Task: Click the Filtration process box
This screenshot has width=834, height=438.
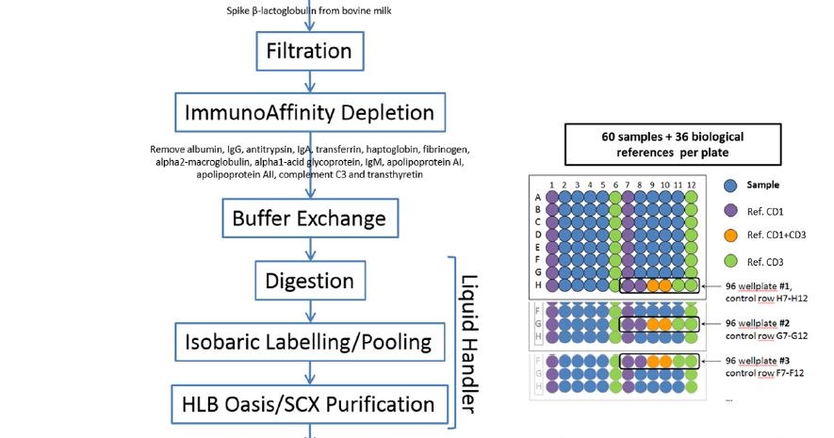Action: [310, 50]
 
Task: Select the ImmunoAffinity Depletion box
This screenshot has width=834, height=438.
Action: [310, 113]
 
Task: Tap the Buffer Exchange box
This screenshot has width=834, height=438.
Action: [310, 219]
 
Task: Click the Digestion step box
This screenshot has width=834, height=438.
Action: [310, 281]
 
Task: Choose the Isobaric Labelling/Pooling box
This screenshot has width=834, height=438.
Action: [310, 341]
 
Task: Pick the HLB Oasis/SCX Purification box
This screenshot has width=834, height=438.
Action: [310, 404]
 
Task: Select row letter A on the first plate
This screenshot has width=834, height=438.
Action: [538, 198]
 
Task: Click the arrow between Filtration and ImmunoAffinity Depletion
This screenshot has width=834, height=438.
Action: [310, 81]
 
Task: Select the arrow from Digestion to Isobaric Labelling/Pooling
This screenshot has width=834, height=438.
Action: [310, 310]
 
